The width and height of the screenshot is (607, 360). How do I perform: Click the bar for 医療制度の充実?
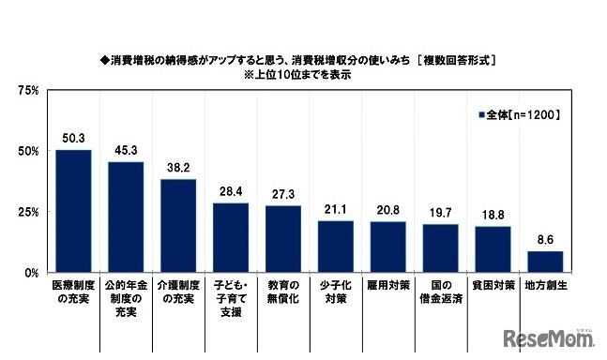click(73, 211)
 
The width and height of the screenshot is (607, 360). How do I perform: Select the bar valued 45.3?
click(126, 217)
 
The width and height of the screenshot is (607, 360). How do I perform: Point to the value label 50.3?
click(73, 139)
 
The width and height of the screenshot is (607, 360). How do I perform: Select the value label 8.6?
click(545, 241)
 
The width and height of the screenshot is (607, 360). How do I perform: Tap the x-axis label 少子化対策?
click(335, 292)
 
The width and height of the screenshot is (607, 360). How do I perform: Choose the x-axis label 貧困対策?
click(493, 285)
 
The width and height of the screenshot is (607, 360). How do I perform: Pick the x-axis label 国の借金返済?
click(440, 292)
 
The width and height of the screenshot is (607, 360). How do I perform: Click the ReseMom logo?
click(550, 337)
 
